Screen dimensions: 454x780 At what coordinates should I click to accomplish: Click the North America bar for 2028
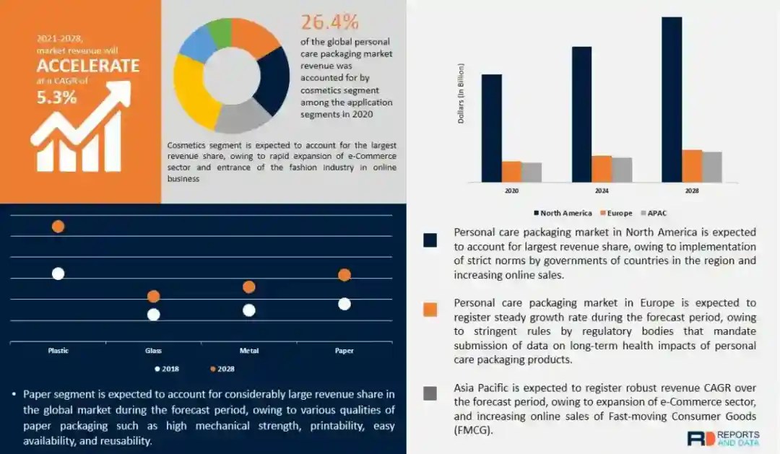click(672, 100)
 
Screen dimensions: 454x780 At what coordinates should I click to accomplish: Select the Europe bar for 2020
click(511, 172)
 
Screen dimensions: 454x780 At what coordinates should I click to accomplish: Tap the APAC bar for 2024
click(622, 170)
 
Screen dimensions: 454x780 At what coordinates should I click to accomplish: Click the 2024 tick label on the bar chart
click(602, 191)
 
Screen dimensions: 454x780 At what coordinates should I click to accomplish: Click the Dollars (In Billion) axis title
click(461, 94)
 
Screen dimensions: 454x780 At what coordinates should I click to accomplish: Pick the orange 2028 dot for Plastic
click(58, 227)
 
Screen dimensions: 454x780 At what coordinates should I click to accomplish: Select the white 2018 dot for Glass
click(153, 314)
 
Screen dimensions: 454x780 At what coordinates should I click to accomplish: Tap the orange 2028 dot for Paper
click(344, 275)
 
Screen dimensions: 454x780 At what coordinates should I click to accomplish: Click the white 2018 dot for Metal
click(249, 310)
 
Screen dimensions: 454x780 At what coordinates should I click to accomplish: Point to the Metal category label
click(249, 351)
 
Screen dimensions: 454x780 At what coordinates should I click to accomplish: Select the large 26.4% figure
click(330, 22)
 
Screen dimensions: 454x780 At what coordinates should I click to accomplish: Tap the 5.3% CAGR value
click(57, 97)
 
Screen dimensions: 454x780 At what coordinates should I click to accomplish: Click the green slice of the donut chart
click(218, 32)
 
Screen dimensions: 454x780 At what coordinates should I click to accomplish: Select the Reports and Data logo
click(722, 438)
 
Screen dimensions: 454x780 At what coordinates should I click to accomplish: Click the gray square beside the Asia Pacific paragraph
click(430, 393)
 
